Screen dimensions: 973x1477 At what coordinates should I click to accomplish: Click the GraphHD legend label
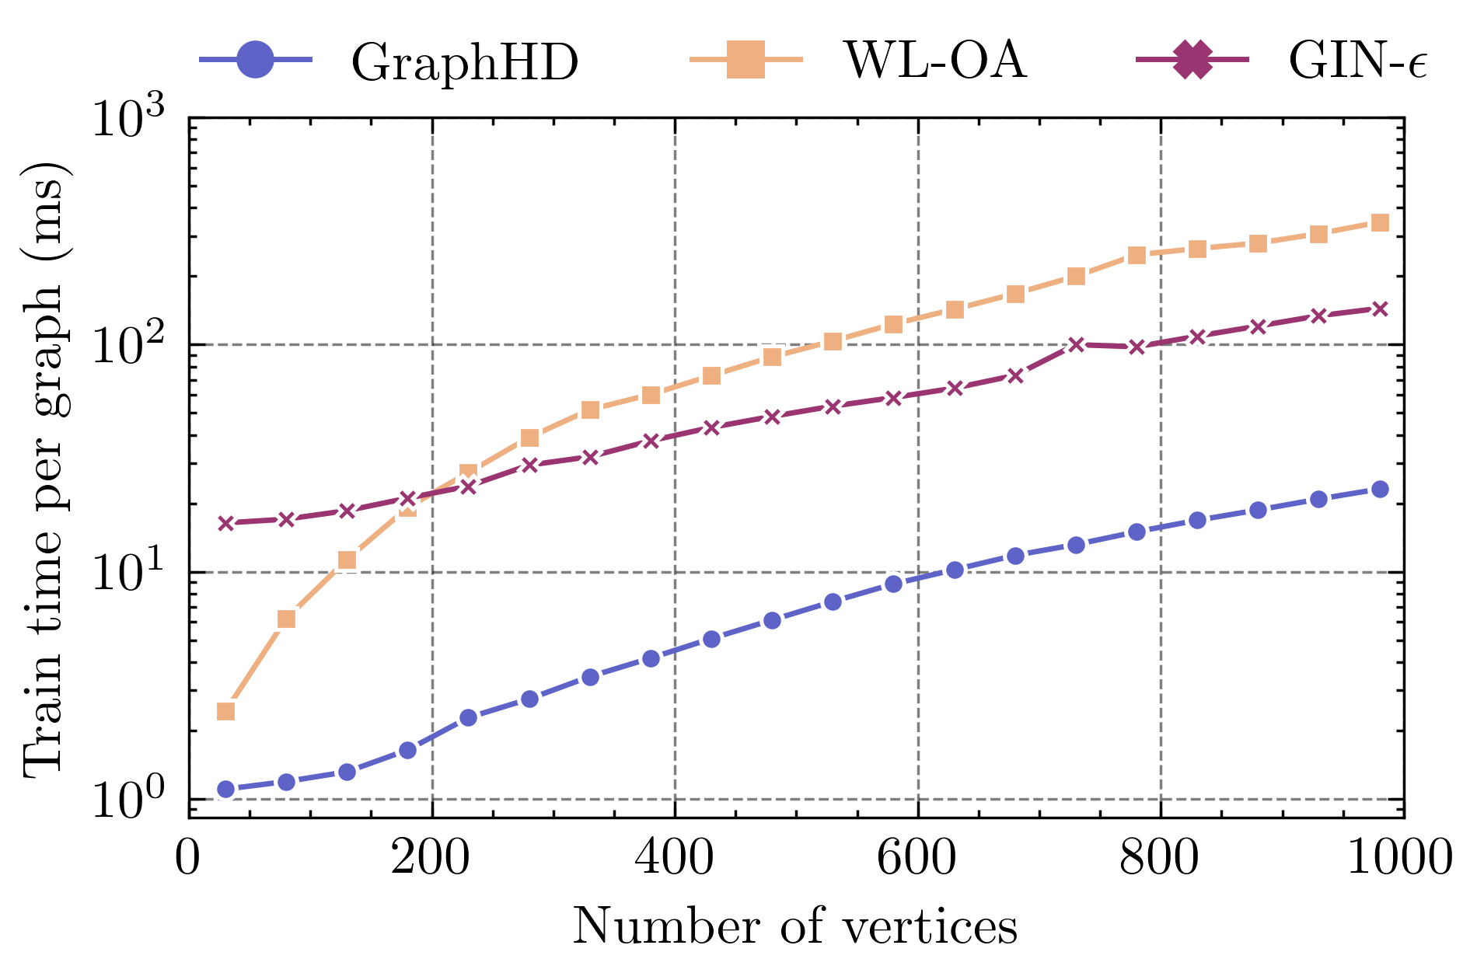[x=465, y=62]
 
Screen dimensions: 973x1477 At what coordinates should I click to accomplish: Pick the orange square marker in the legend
[x=745, y=60]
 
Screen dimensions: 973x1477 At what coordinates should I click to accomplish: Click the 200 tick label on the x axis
[x=431, y=858]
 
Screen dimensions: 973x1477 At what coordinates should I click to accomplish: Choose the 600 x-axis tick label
[x=918, y=858]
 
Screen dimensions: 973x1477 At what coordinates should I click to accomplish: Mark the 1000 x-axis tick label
[x=1399, y=858]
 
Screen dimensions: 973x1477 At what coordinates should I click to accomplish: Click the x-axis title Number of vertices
[x=795, y=928]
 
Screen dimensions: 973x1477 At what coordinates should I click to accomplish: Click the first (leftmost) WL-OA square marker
[x=225, y=711]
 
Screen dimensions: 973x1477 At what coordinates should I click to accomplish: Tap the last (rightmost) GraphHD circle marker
[x=1380, y=489]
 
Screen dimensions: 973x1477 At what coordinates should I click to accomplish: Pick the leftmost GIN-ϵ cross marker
[x=225, y=523]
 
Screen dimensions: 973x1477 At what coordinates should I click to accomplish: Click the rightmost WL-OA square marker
[x=1380, y=223]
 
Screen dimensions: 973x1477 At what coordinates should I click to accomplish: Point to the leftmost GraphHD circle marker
[x=225, y=790]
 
